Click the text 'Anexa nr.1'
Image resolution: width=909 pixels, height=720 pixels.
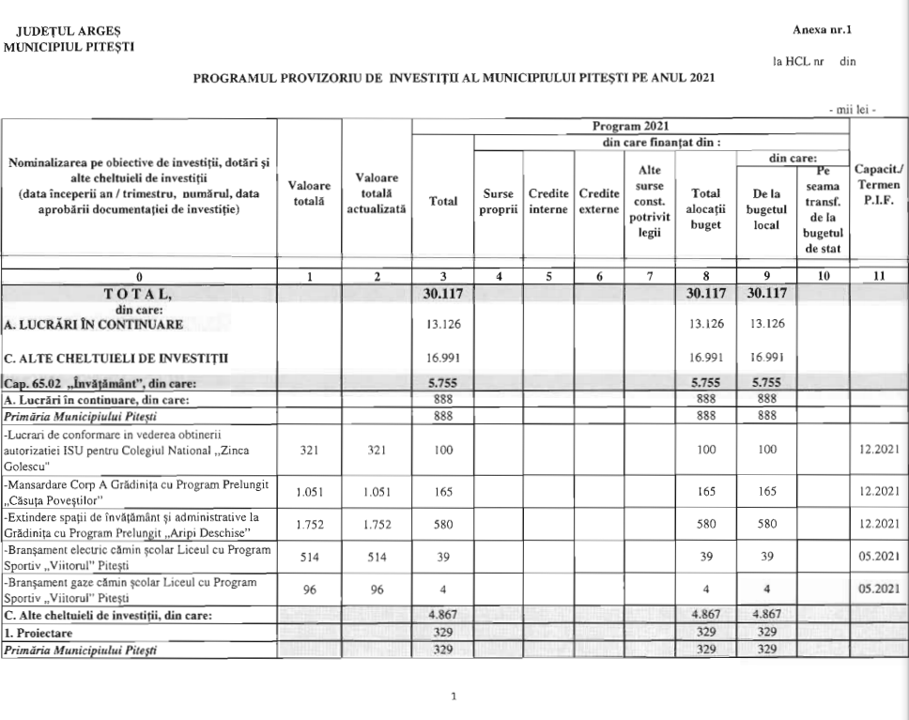pos(827,31)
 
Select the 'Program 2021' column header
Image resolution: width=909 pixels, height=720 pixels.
pos(629,125)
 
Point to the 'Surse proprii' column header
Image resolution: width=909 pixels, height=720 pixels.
pos(498,200)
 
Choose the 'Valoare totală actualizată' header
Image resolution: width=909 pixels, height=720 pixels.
pos(376,192)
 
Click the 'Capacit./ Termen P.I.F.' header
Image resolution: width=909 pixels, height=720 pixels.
pos(878,185)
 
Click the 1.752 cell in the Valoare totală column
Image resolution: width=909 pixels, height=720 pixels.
pos(309,524)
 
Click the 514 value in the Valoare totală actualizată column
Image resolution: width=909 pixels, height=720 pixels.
pos(376,556)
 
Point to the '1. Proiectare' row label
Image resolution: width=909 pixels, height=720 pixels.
pos(40,633)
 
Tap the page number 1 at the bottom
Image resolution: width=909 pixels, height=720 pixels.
pos(454,697)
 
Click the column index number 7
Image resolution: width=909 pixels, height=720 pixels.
pos(649,277)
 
